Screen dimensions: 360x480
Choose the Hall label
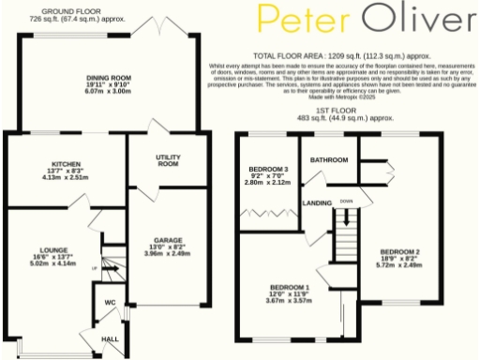click(x=110, y=338)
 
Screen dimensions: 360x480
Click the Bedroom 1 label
click(x=290, y=287)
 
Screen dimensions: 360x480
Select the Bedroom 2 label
click(x=400, y=251)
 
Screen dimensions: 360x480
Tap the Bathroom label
click(x=330, y=160)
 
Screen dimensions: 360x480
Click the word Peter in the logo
click(x=299, y=20)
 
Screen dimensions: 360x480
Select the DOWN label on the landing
click(x=346, y=200)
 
